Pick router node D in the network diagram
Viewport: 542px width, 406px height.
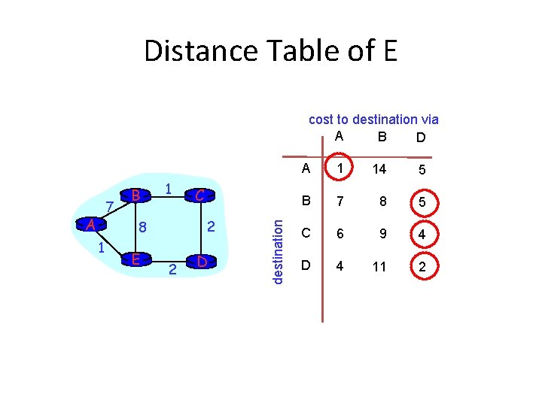201,261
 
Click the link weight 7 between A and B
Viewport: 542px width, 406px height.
110,206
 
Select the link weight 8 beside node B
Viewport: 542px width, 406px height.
142,226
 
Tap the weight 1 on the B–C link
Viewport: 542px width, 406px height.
169,189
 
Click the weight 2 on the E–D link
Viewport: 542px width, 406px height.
172,269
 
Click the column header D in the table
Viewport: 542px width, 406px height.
420,138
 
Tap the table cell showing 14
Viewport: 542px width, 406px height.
379,170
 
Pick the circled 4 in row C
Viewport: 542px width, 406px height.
422,235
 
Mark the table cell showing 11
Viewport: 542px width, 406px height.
379,266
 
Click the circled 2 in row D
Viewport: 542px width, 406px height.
422,266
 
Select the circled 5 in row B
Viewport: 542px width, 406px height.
422,202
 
